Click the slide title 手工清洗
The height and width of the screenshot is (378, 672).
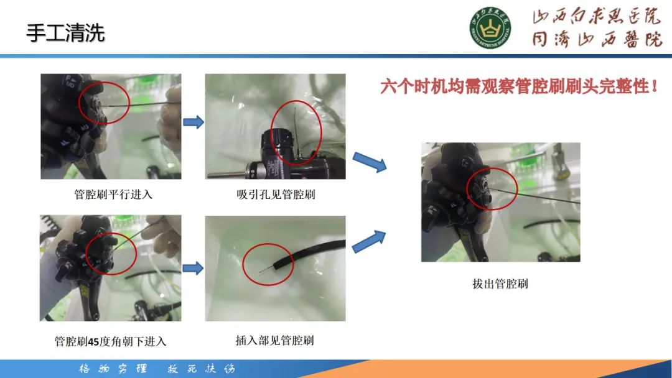(65, 32)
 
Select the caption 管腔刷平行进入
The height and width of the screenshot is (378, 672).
(113, 194)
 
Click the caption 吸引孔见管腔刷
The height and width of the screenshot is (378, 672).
(276, 194)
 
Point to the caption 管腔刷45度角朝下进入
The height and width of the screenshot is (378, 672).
(110, 341)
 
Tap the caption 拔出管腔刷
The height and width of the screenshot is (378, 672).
(500, 284)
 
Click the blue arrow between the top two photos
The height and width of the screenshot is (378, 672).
(194, 122)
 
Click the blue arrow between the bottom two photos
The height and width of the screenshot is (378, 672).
(194, 268)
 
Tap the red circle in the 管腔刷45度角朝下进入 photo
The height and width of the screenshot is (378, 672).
(110, 254)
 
